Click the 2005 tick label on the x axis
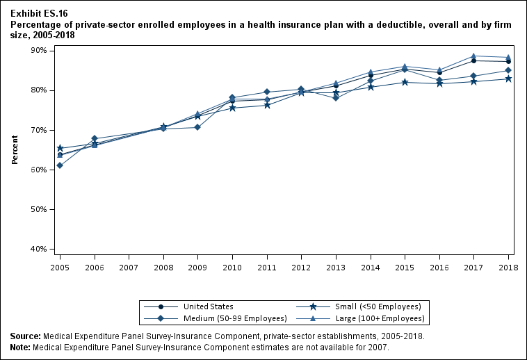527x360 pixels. click(x=60, y=267)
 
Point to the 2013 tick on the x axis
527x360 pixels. click(x=336, y=267)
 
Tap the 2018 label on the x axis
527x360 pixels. click(x=508, y=267)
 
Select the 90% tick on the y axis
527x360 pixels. click(x=37, y=51)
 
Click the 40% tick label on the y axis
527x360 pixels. click(x=37, y=249)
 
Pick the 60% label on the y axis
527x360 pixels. click(x=37, y=170)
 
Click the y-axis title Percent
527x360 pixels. click(x=15, y=150)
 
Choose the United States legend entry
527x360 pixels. click(x=208, y=306)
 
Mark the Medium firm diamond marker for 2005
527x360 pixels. click(x=60, y=165)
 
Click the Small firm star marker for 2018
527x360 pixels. click(x=508, y=79)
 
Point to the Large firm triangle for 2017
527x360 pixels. click(x=473, y=56)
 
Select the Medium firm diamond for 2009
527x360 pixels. click(x=197, y=127)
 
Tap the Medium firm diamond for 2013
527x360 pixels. click(x=336, y=98)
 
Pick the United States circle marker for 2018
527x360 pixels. click(x=508, y=61)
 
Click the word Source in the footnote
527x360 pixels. click(x=25, y=336)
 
